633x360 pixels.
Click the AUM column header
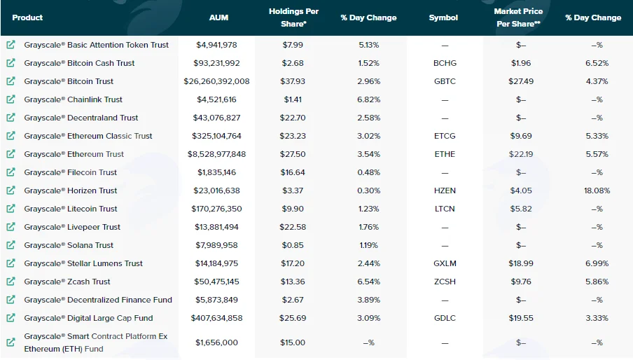point(218,18)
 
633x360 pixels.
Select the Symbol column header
point(443,18)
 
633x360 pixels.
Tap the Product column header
point(27,18)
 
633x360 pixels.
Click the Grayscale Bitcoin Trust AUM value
point(216,81)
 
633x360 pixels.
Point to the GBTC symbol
point(445,81)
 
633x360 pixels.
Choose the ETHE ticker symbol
point(445,154)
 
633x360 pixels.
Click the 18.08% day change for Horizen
point(597,191)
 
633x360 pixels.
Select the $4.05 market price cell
point(521,191)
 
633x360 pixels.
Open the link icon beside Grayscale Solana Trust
point(11,245)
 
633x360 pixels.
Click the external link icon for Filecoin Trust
point(11,172)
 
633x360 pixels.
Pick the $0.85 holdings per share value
point(293,245)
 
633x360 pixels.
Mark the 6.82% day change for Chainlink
point(368,99)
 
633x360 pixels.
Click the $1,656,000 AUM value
point(216,342)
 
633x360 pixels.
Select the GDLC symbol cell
point(445,318)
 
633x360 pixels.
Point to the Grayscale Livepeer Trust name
point(72,227)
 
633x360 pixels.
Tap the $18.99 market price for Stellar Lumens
point(521,263)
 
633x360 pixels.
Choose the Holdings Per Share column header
point(293,18)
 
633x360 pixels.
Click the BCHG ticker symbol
point(445,63)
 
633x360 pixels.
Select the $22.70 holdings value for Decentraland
point(293,118)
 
